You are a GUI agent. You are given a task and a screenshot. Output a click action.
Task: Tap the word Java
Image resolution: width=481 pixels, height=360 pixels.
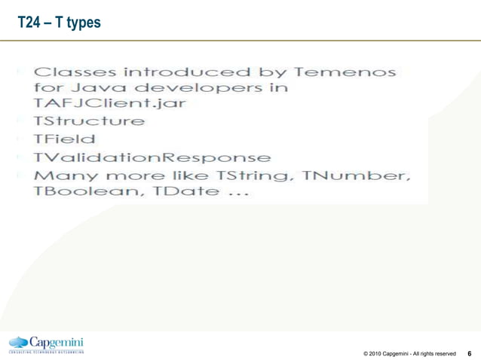point(94,88)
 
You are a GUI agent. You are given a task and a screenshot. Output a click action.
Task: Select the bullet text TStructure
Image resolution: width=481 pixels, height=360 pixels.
point(89,121)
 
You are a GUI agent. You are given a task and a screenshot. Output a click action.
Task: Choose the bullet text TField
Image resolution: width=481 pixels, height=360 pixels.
point(63,139)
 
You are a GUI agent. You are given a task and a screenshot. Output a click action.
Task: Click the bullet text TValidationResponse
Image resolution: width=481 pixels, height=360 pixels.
point(151,158)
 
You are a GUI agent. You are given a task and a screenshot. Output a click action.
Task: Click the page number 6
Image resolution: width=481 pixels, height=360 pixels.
point(470,352)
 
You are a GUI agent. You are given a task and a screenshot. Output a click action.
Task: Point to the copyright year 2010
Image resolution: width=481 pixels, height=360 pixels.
point(375,353)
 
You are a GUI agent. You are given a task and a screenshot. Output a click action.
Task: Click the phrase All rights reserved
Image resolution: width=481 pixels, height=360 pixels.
point(435,353)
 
